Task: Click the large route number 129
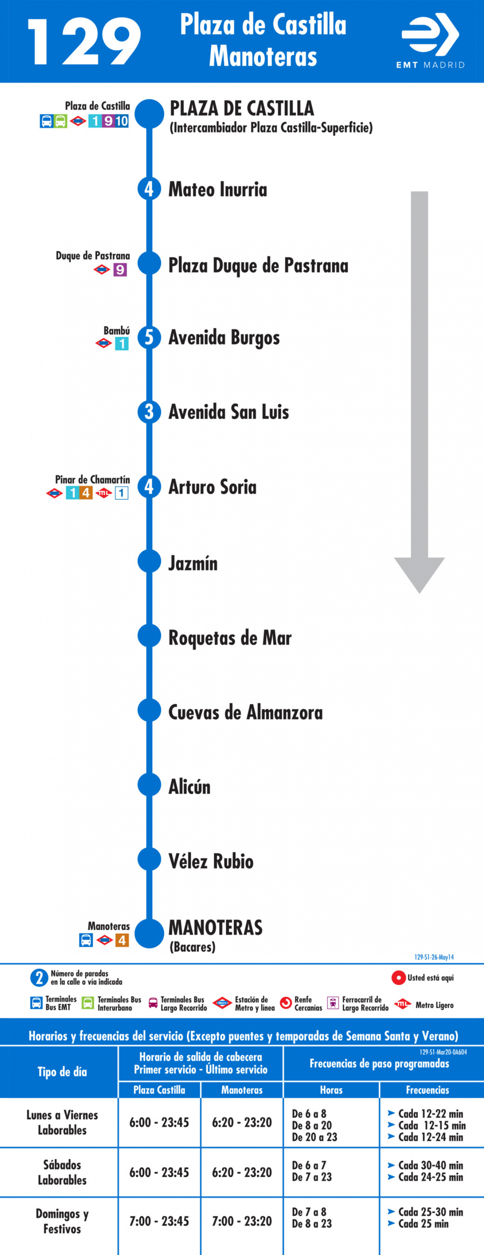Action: tap(84, 42)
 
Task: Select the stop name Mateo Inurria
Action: tap(218, 189)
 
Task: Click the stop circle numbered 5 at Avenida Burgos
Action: tap(149, 337)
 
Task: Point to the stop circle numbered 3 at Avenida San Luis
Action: tap(149, 412)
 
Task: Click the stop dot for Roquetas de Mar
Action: tap(149, 636)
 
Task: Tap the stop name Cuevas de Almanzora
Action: tap(245, 712)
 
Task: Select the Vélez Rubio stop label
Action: tap(211, 861)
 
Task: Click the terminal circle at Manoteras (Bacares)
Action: tap(149, 933)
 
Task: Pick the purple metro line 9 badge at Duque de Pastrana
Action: tap(120, 269)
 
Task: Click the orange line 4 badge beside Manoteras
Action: tap(122, 940)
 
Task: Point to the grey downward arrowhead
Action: tap(419, 575)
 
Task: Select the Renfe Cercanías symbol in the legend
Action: tap(286, 1003)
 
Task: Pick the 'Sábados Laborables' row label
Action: tap(62, 1172)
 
